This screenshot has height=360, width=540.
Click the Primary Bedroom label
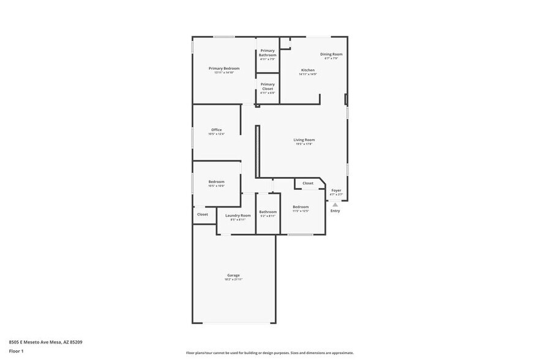tap(223, 69)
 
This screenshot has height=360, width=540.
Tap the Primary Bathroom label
tap(268, 53)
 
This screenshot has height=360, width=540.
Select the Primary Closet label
tap(268, 86)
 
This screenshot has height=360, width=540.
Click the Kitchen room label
tap(307, 70)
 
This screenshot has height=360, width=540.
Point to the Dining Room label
tap(331, 54)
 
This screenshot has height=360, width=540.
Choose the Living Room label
tap(304, 140)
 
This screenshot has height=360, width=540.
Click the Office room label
tap(216, 130)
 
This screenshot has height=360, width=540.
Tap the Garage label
tap(233, 275)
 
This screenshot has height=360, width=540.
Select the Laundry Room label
tap(238, 216)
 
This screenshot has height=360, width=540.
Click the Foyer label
tap(336, 190)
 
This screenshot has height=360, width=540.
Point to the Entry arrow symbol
tap(335, 204)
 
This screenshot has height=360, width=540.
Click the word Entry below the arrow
tap(335, 211)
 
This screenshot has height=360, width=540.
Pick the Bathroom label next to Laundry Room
tap(268, 212)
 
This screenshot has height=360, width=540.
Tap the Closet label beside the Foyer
tap(307, 183)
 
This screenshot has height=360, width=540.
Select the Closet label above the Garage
tap(203, 214)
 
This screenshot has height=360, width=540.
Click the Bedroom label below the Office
tap(216, 182)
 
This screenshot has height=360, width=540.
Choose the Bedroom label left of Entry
tap(300, 207)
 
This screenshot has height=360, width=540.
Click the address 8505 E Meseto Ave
tap(45, 342)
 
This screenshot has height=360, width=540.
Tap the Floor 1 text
tap(17, 351)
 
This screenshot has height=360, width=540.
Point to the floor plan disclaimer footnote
tap(269, 353)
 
